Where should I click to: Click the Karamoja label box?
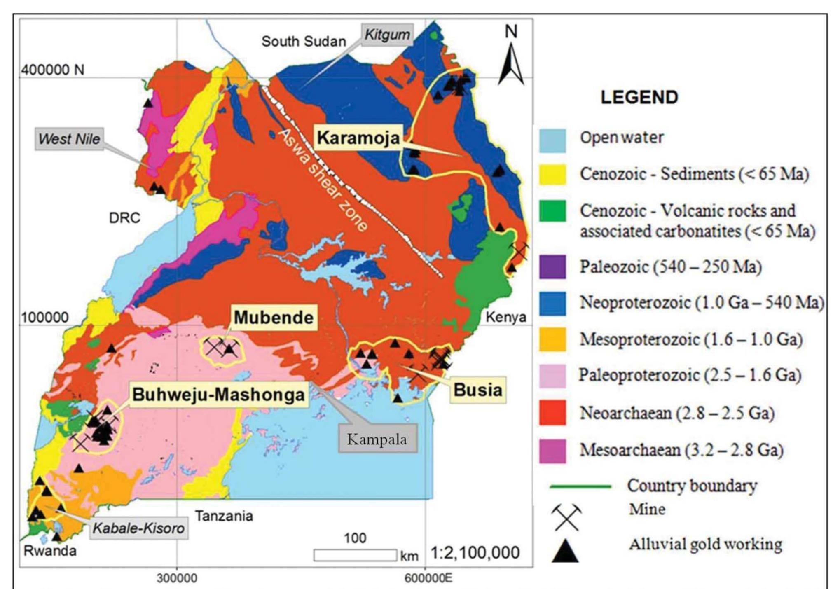tap(358, 138)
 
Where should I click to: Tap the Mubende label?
tap(274, 318)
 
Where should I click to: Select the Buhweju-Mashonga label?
tap(219, 395)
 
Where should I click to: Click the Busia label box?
tap(477, 390)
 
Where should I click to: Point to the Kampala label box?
tap(377, 439)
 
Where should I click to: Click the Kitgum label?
tap(387, 35)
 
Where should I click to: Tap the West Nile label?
tap(69, 139)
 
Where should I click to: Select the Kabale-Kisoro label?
tap(138, 528)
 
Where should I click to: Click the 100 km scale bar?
tap(355, 555)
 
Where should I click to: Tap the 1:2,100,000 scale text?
tap(475, 553)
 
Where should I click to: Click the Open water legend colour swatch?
tap(552, 140)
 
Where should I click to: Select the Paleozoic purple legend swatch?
tap(552, 267)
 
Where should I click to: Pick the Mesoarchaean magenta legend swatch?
tap(552, 451)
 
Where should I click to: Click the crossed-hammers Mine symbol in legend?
tap(566, 517)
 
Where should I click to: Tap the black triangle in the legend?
tap(565, 551)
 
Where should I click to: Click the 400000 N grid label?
tap(53, 70)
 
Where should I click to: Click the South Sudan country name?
tap(304, 42)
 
